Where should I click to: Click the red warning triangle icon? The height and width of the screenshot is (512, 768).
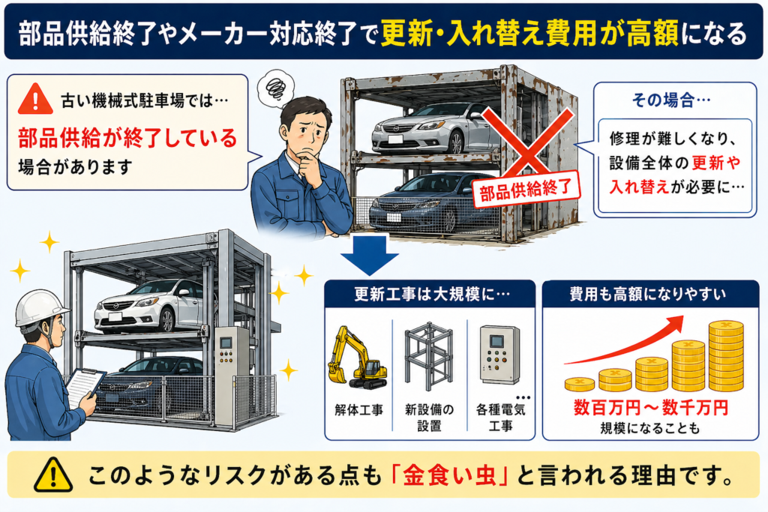pyautogui.click(x=34, y=99)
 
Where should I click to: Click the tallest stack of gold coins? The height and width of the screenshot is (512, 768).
pyautogui.click(x=725, y=355)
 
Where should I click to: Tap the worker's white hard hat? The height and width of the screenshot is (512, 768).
pyautogui.click(x=40, y=307)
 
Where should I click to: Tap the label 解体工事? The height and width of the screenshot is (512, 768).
pyautogui.click(x=358, y=410)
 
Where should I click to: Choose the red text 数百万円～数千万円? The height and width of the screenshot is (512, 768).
pyautogui.click(x=650, y=409)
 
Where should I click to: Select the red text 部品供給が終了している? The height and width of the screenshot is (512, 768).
pyautogui.click(x=127, y=137)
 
